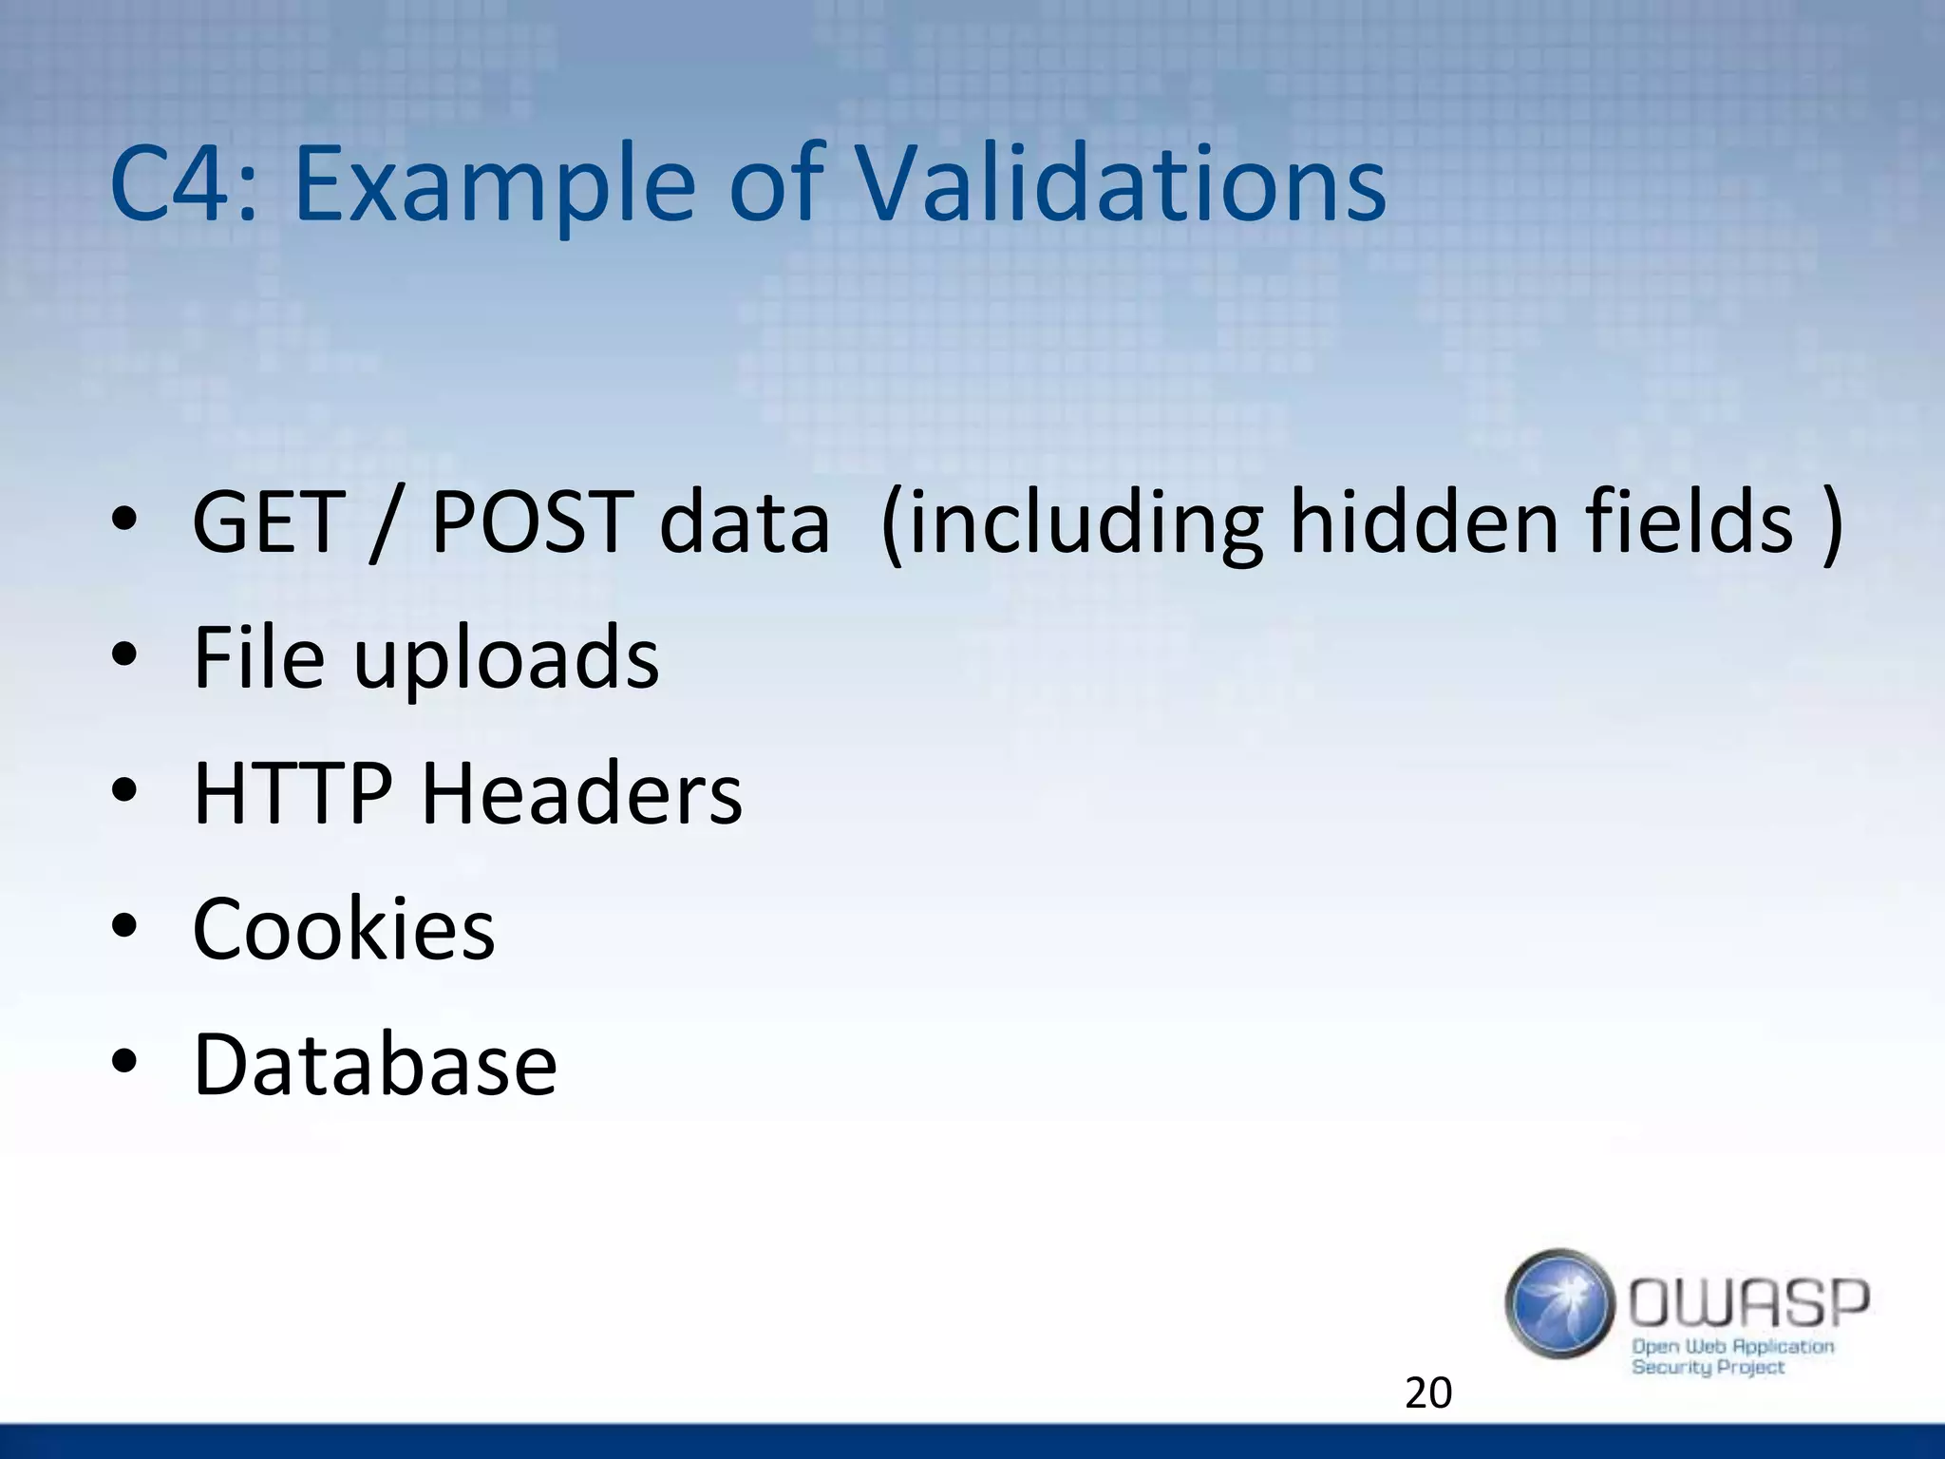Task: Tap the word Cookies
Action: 344,928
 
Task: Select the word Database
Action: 375,1064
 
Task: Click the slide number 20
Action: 1427,1393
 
